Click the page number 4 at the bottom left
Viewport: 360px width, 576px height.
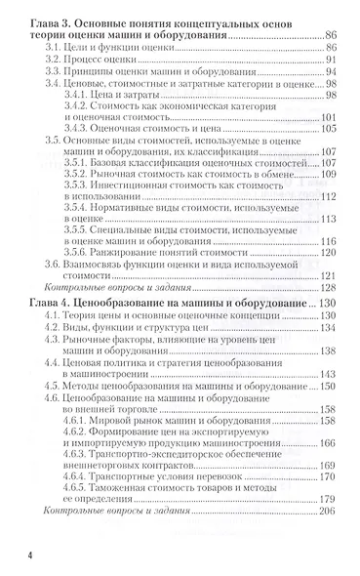35,553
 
